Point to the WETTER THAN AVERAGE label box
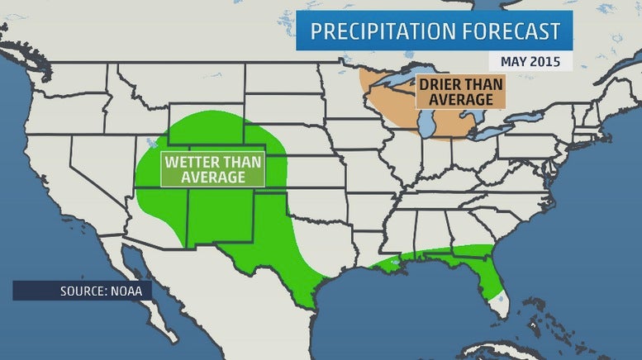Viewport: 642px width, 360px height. pyautogui.click(x=213, y=168)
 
